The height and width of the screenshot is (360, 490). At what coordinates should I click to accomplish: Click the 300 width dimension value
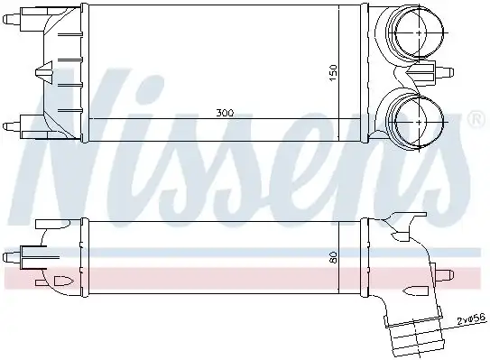[x=225, y=114]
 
